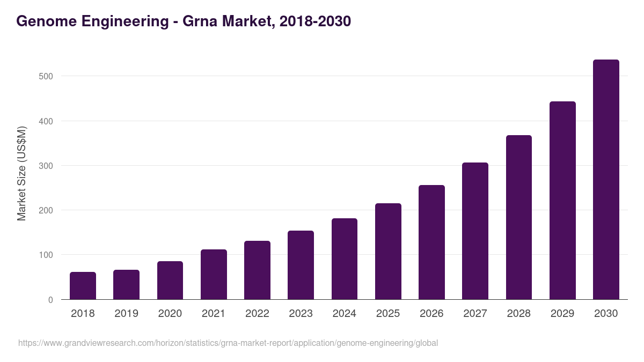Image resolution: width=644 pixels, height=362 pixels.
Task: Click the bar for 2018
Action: [x=83, y=286]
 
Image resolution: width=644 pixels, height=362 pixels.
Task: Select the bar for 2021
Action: [x=214, y=275]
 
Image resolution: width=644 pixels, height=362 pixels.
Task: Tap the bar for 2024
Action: [x=345, y=259]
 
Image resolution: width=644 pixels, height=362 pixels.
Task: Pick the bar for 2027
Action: [x=475, y=231]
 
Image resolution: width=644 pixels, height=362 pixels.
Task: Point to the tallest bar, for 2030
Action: [x=606, y=180]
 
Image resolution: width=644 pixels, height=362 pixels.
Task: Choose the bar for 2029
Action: [x=562, y=201]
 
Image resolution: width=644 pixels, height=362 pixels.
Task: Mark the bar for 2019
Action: [x=126, y=285]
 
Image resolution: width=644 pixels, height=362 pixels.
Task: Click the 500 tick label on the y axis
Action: [x=46, y=76]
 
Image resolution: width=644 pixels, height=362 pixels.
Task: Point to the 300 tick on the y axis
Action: [x=46, y=166]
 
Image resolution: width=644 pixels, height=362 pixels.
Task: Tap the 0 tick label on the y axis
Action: [x=50, y=300]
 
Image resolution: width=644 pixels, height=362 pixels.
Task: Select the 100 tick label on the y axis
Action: [x=46, y=255]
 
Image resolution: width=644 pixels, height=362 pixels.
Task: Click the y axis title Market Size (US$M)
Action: [x=21, y=173]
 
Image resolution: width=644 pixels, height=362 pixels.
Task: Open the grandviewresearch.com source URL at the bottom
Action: [x=228, y=343]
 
